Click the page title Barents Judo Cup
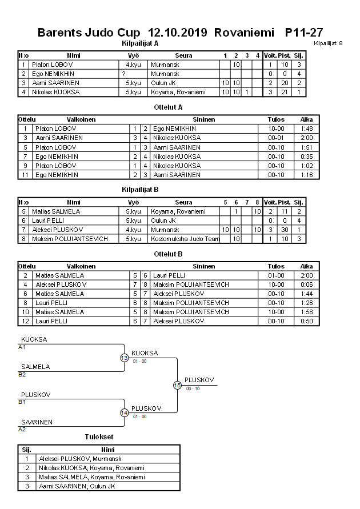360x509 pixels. (x=90, y=33)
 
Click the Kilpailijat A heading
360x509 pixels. (x=140, y=43)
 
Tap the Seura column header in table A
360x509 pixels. (x=183, y=55)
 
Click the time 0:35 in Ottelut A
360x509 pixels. (x=306, y=156)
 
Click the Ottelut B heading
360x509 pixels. (x=168, y=254)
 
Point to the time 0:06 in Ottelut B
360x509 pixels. (x=306, y=284)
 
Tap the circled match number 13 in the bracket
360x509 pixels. (x=124, y=358)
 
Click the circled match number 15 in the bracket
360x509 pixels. (x=177, y=385)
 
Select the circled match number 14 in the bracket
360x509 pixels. (x=124, y=412)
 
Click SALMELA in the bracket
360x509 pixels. (x=35, y=367)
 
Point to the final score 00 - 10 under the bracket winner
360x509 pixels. (x=193, y=389)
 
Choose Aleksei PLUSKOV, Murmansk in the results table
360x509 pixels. (x=80, y=458)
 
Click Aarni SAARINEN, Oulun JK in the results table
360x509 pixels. (x=77, y=486)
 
